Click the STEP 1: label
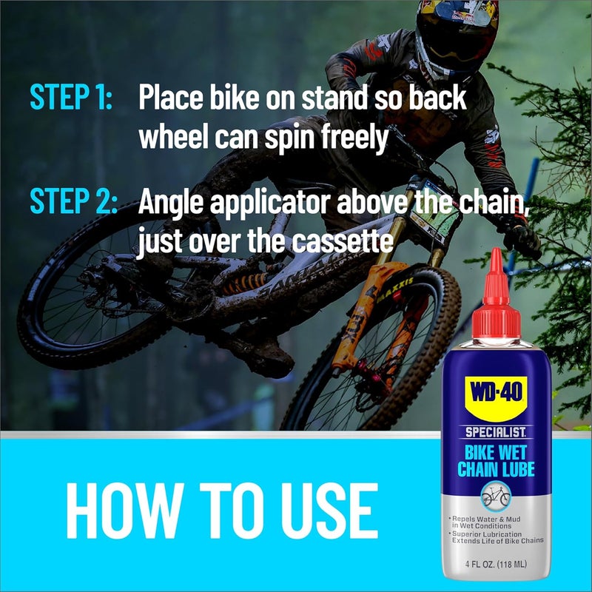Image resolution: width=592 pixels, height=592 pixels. (71, 98)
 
